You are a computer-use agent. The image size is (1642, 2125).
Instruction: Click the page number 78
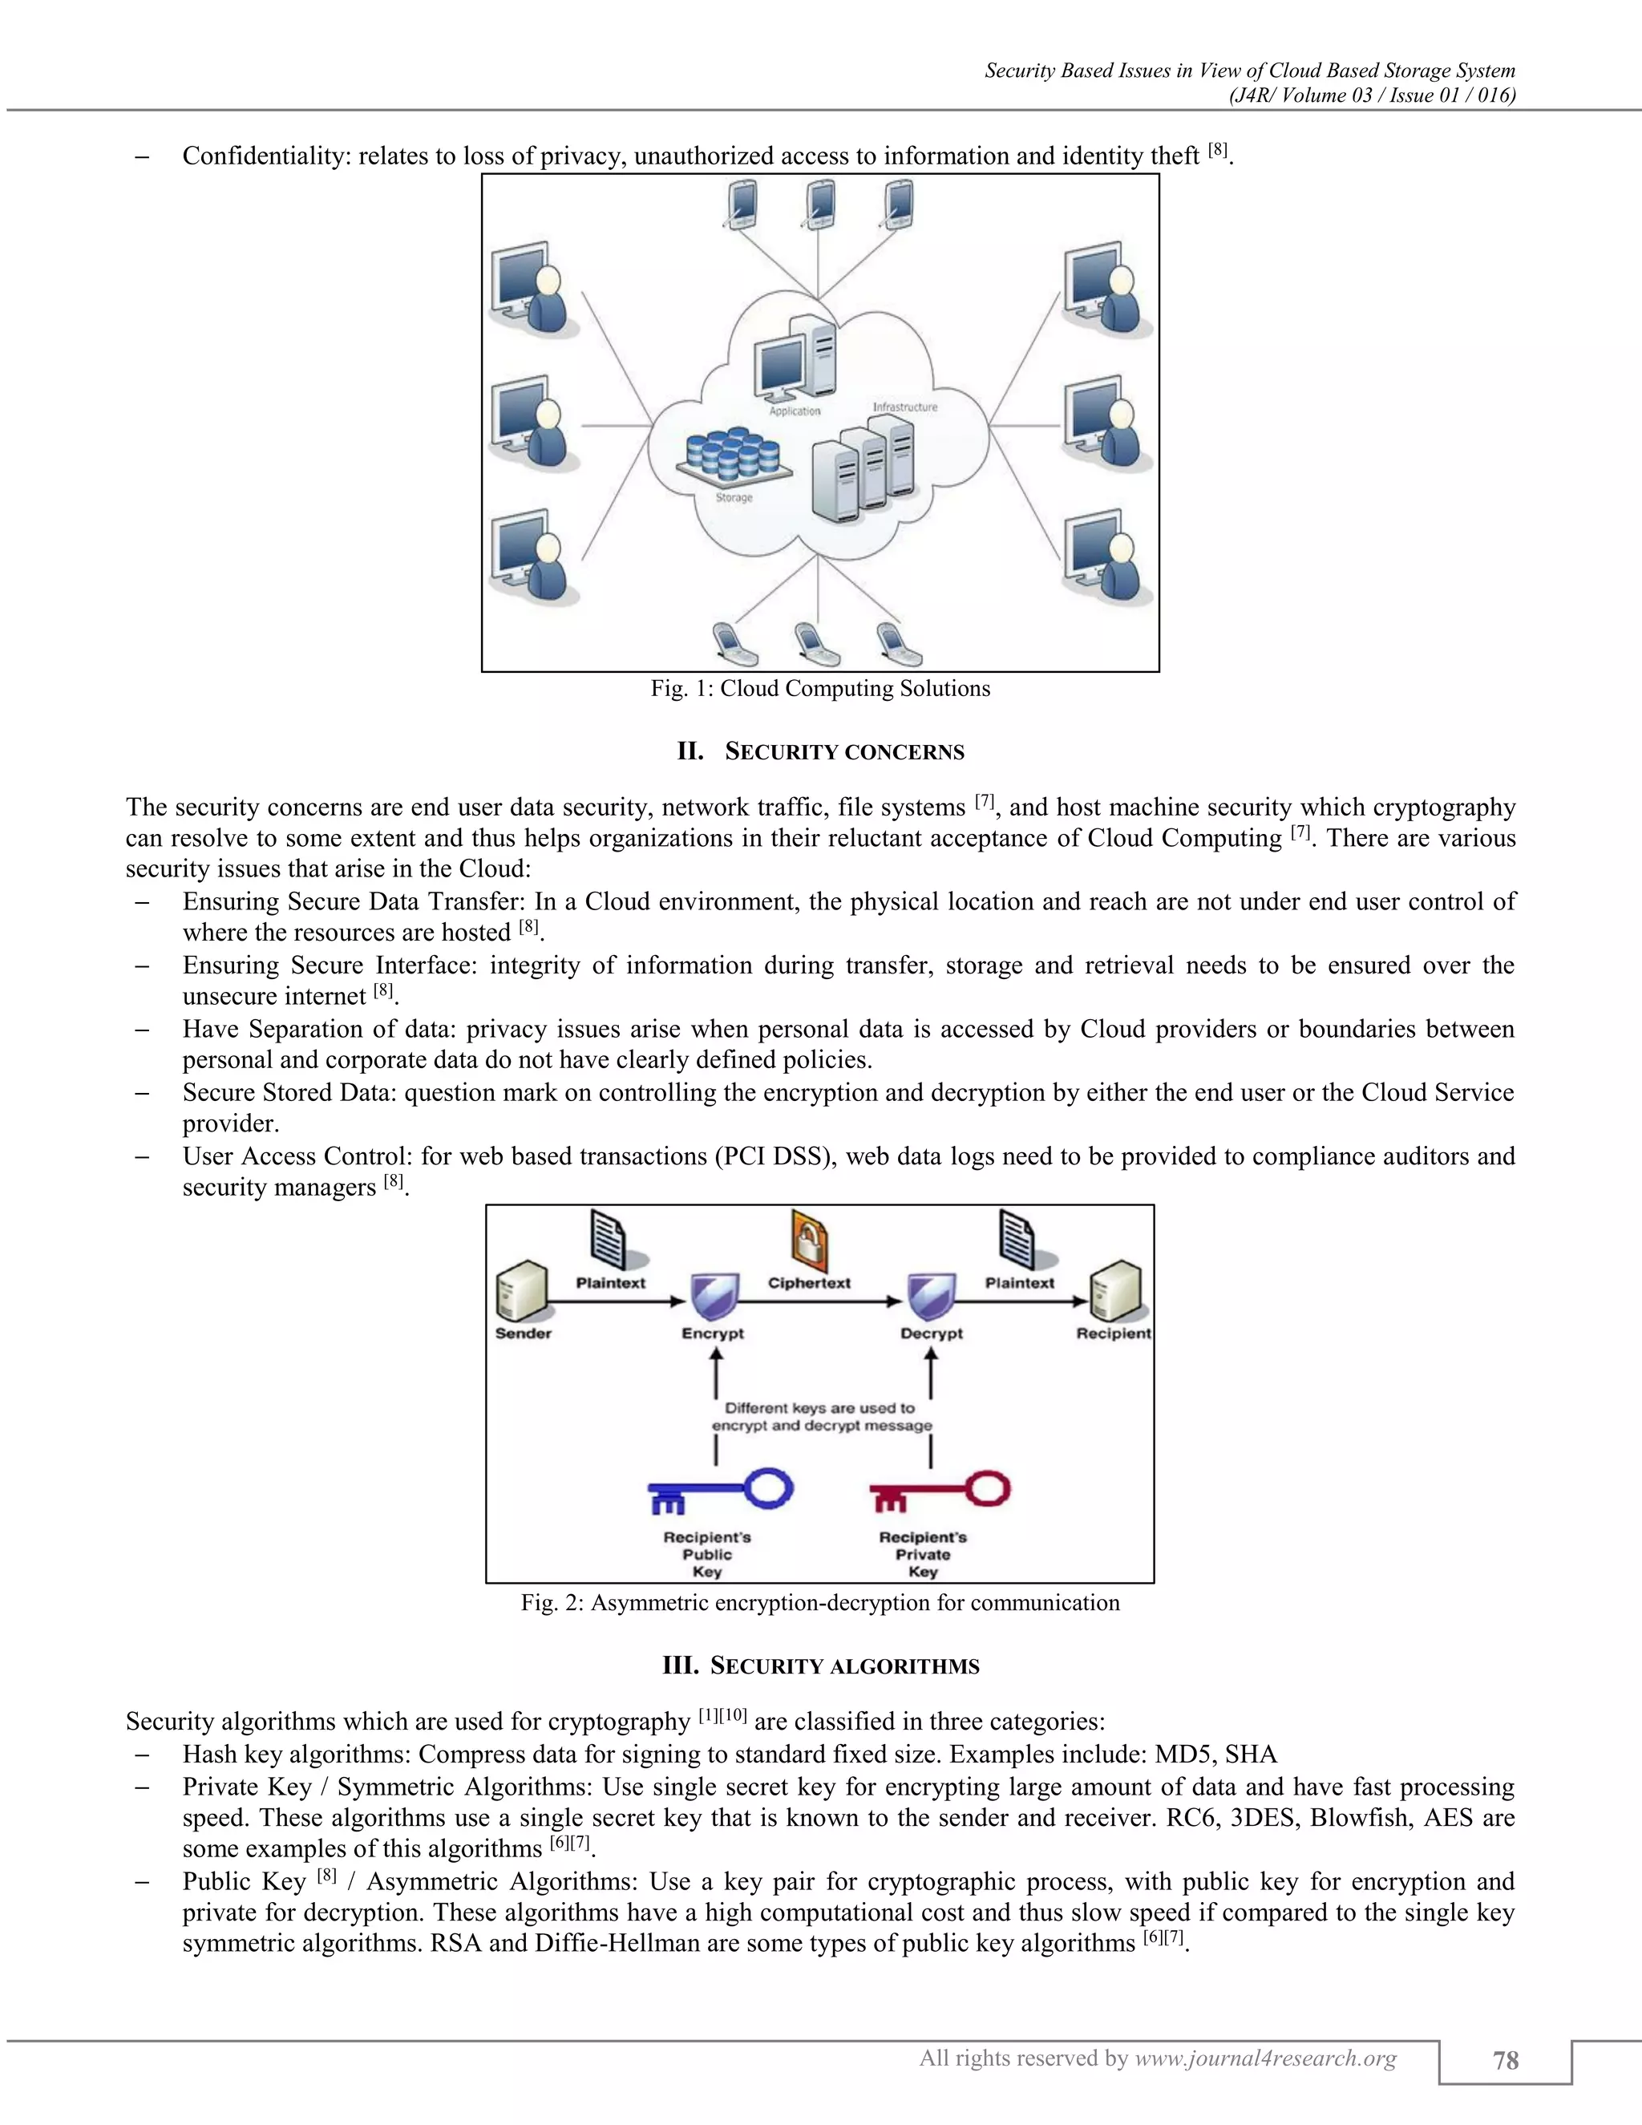tap(1505, 2060)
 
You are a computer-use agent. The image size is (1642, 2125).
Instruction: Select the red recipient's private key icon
tap(939, 1491)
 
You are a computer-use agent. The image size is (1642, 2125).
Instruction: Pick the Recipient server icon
tap(1114, 1291)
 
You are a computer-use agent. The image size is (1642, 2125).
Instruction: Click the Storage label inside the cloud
tap(734, 498)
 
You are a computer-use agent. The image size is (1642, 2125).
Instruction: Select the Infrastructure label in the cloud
tap(904, 407)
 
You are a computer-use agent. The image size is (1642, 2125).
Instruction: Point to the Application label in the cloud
tap(795, 411)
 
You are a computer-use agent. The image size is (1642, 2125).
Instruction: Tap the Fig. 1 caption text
tap(820, 689)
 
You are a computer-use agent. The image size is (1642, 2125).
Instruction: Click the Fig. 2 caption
tap(820, 1602)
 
